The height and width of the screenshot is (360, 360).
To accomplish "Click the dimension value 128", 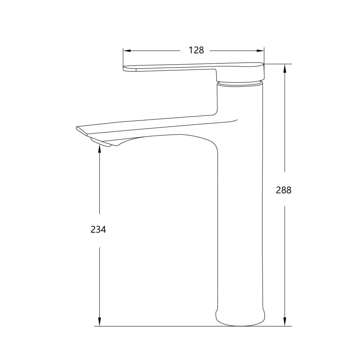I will pyautogui.click(x=196, y=50).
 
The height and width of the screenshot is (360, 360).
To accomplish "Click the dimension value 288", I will pyautogui.click(x=284, y=190).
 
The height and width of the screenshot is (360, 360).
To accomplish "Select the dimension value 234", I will pyautogui.click(x=98, y=229).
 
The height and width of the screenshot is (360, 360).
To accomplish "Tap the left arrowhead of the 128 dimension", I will pyautogui.click(x=127, y=51).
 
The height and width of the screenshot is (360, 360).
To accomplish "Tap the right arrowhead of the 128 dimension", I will pyautogui.click(x=260, y=51).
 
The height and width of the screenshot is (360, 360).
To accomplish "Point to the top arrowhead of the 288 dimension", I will pyautogui.click(x=285, y=68).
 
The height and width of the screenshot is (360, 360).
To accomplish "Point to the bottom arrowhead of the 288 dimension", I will pyautogui.click(x=285, y=322).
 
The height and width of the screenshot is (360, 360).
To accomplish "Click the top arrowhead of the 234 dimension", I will pyautogui.click(x=100, y=148).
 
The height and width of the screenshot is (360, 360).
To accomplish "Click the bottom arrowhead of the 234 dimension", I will pyautogui.click(x=100, y=322).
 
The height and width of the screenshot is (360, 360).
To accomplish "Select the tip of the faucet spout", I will pyautogui.click(x=78, y=128).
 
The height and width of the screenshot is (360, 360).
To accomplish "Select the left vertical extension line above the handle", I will pyautogui.click(x=123, y=57).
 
